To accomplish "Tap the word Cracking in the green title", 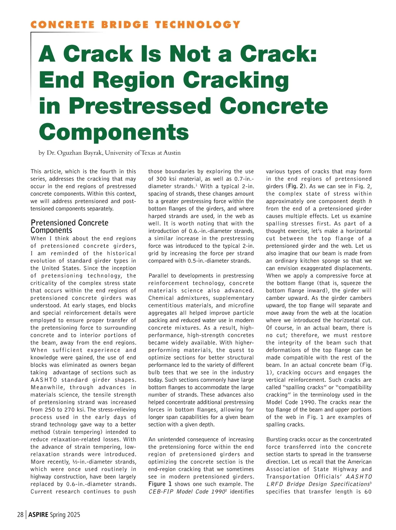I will (x=236, y=80).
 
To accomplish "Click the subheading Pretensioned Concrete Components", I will (x=69, y=226).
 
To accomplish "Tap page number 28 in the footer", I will (x=20, y=515).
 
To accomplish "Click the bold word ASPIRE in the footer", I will (x=38, y=515).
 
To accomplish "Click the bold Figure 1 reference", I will (x=160, y=484).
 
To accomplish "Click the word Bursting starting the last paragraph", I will (x=277, y=440).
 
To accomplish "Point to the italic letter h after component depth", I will (x=370, y=201).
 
